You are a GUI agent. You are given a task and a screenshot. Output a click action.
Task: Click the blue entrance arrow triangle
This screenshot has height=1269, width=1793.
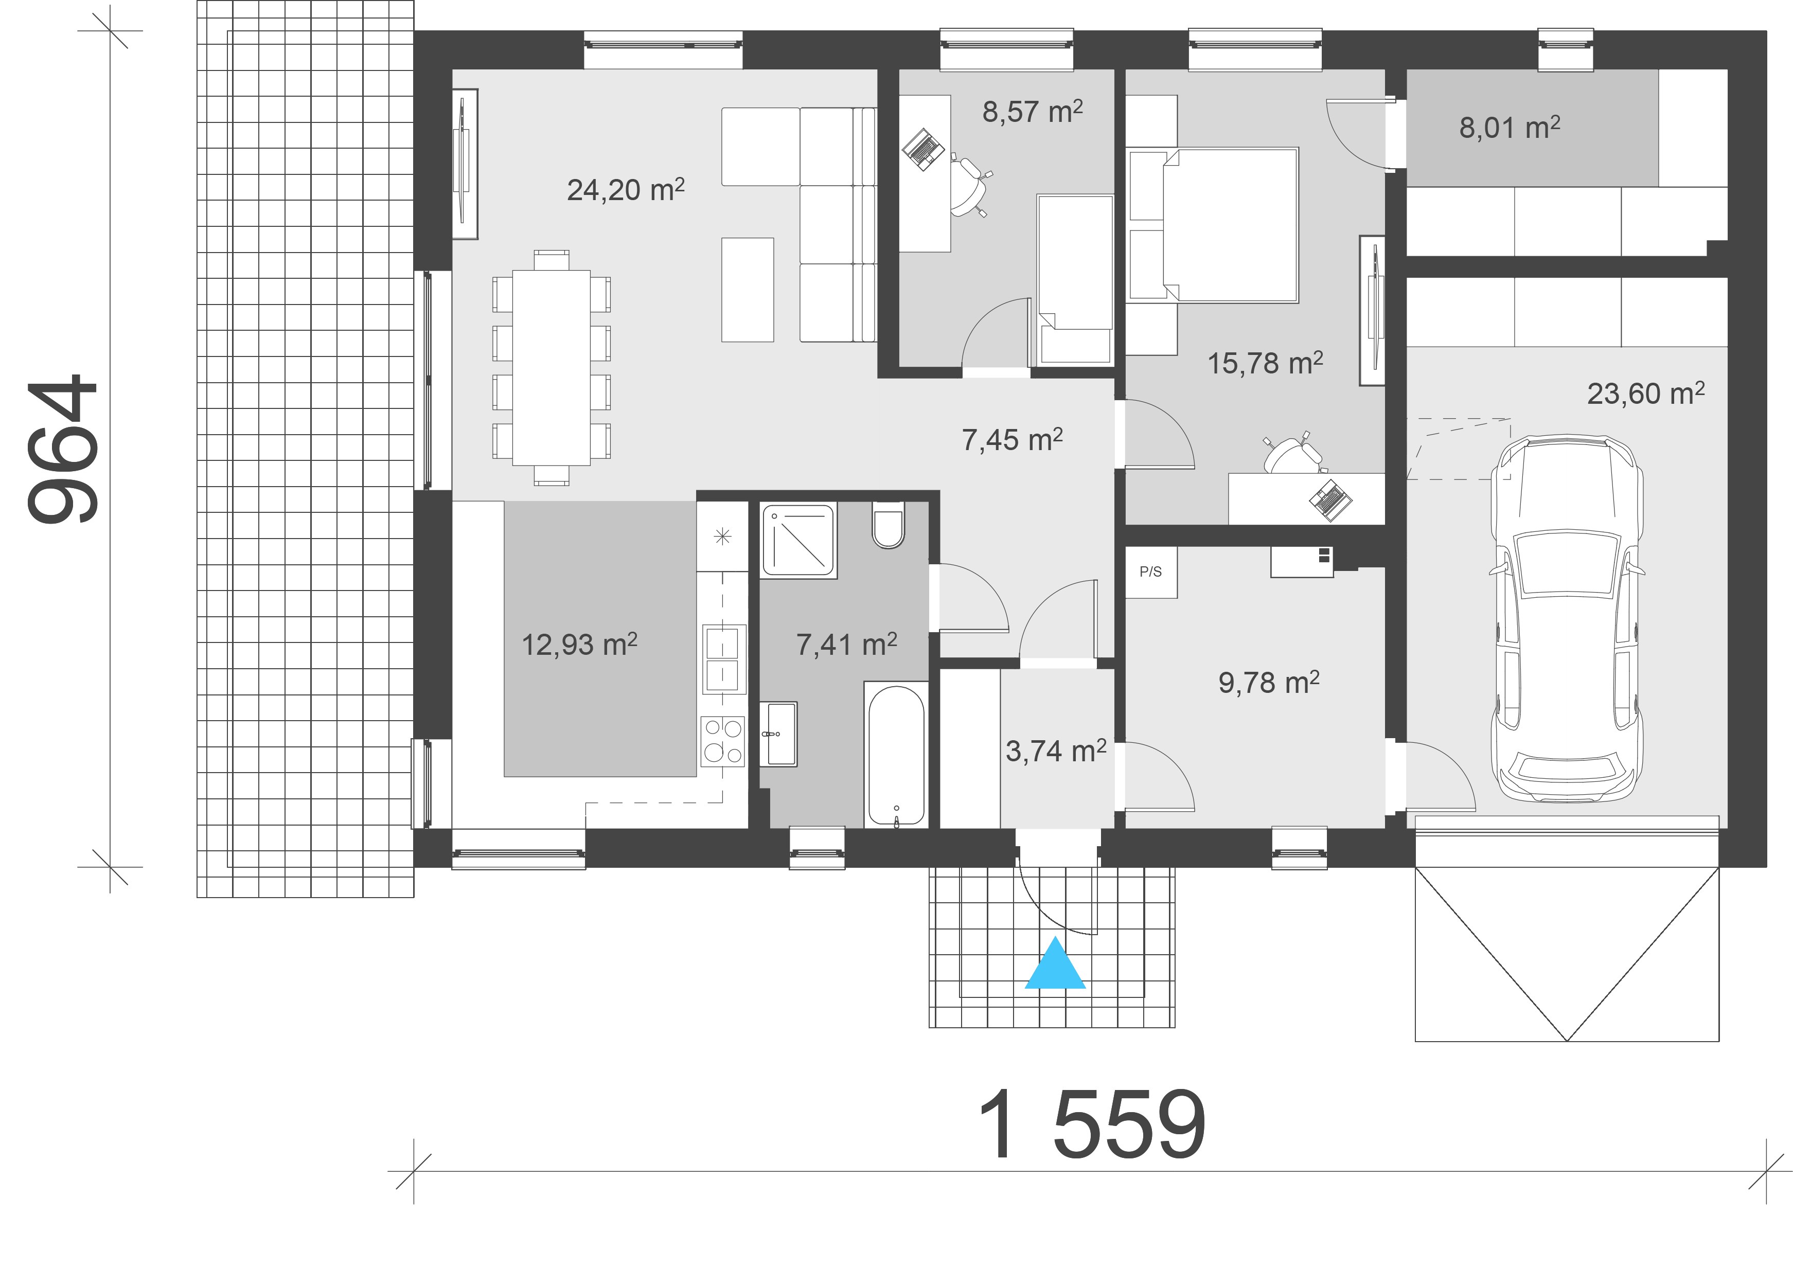point(1055,964)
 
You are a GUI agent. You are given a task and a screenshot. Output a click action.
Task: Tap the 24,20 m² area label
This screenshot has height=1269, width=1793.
point(625,190)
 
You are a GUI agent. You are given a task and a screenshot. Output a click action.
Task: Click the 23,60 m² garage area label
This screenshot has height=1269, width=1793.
point(1646,393)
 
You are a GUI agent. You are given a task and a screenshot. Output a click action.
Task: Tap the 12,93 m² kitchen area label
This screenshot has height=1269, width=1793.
point(579,644)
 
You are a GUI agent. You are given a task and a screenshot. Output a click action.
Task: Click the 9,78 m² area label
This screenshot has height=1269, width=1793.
point(1269,682)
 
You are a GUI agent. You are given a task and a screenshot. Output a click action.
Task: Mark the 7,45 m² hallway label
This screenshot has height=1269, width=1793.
point(1012,440)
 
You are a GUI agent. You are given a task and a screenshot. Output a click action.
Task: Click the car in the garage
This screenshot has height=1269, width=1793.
point(1567,619)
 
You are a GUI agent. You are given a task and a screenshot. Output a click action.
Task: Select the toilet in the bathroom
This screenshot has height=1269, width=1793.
point(888,524)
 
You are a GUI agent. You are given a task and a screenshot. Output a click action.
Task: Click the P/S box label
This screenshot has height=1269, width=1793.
point(1150,572)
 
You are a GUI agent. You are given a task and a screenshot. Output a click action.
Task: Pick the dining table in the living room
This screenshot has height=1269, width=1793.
point(551,367)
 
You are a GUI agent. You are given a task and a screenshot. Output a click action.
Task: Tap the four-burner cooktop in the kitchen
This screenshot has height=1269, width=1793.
point(722,741)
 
